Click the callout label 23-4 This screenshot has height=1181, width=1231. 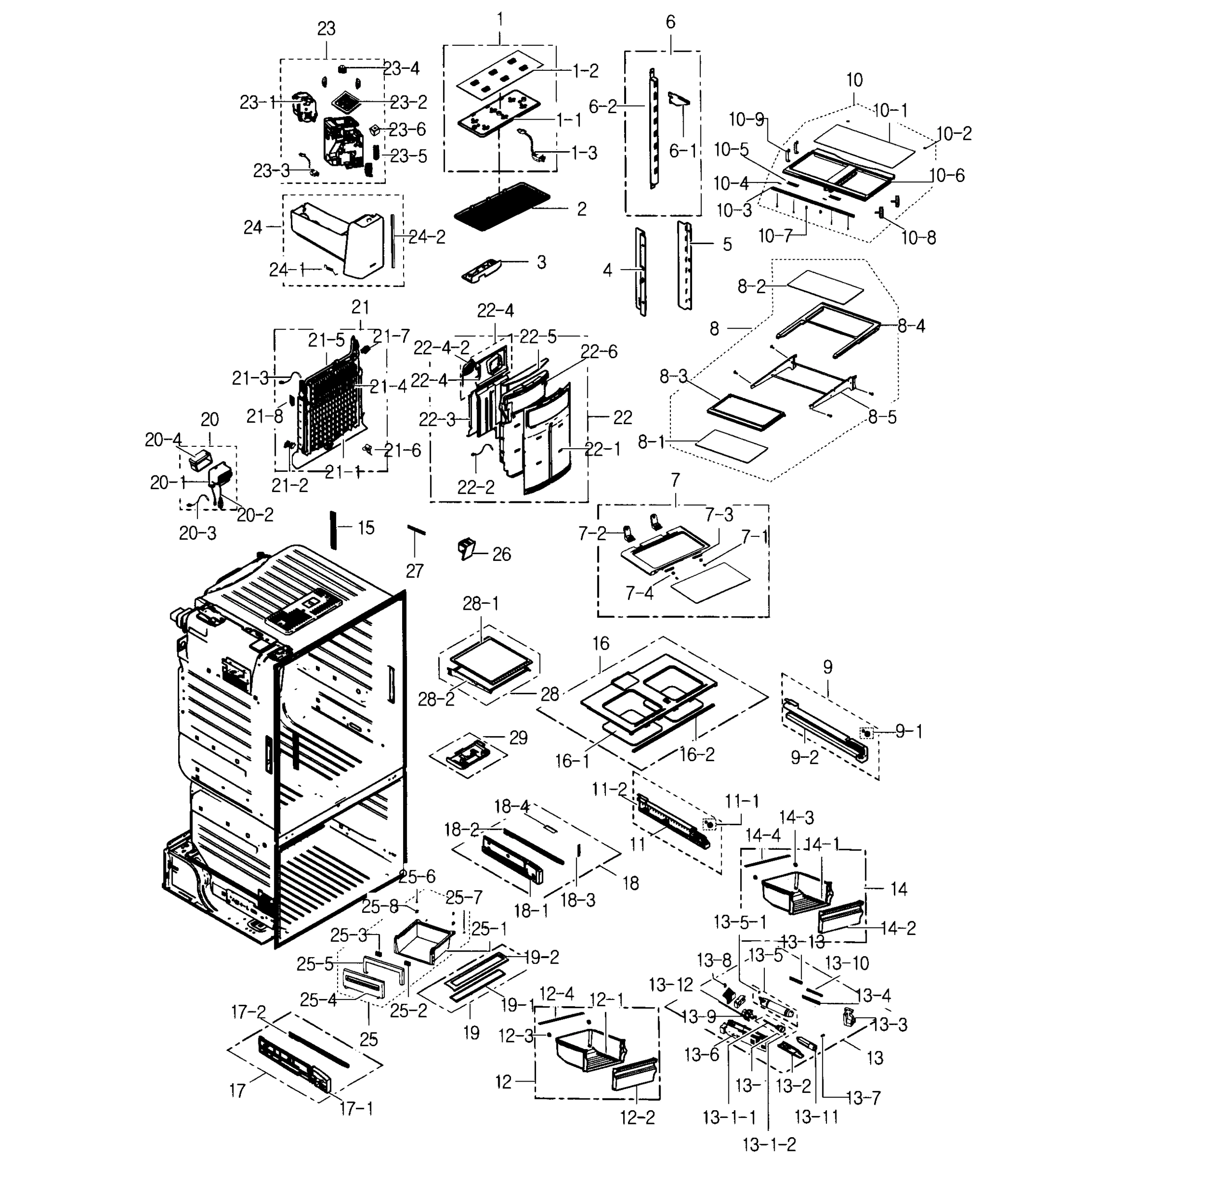[401, 68]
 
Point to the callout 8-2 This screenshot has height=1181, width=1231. [752, 287]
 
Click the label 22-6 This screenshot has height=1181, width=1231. [599, 352]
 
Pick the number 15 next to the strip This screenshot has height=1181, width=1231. [366, 528]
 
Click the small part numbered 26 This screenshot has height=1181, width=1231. [466, 548]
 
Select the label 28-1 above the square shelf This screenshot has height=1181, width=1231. [481, 603]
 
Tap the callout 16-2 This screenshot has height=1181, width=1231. [697, 754]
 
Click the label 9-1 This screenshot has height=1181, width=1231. [909, 731]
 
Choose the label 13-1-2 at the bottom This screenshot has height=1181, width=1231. [769, 1145]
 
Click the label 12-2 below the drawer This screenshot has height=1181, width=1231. [637, 1118]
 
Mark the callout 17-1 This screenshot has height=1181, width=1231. [356, 1109]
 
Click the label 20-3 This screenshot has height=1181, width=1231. [197, 533]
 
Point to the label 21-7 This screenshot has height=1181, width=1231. [392, 336]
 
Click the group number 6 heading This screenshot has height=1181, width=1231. [670, 23]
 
